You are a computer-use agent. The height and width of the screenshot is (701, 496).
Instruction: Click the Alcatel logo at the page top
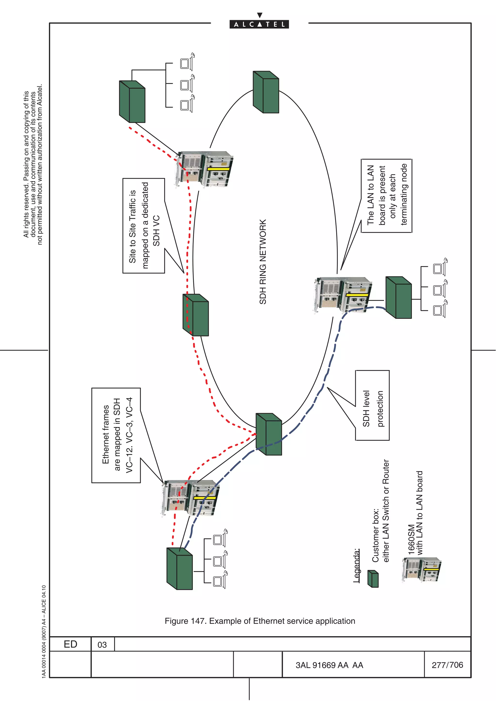click(259, 24)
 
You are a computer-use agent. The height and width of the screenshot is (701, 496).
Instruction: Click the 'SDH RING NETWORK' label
click(263, 262)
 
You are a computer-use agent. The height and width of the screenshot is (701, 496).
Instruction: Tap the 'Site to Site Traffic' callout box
click(144, 226)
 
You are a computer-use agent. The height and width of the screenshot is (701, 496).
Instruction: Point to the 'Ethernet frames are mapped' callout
click(116, 435)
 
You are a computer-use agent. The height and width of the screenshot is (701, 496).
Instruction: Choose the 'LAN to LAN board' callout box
click(387, 195)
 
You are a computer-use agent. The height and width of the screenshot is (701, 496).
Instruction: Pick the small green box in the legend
click(373, 579)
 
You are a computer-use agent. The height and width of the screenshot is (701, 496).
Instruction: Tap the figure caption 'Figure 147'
click(260, 621)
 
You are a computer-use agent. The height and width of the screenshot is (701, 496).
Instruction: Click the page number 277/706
click(447, 665)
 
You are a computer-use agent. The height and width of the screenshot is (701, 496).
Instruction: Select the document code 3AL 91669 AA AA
click(329, 665)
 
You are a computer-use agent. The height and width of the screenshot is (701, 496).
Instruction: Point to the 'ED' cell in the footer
click(70, 644)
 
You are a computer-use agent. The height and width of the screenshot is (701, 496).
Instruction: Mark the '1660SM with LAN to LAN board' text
click(416, 513)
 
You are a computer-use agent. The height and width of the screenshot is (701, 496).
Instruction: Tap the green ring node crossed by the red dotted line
click(196, 315)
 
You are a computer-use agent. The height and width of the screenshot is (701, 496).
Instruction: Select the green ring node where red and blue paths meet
click(269, 434)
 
